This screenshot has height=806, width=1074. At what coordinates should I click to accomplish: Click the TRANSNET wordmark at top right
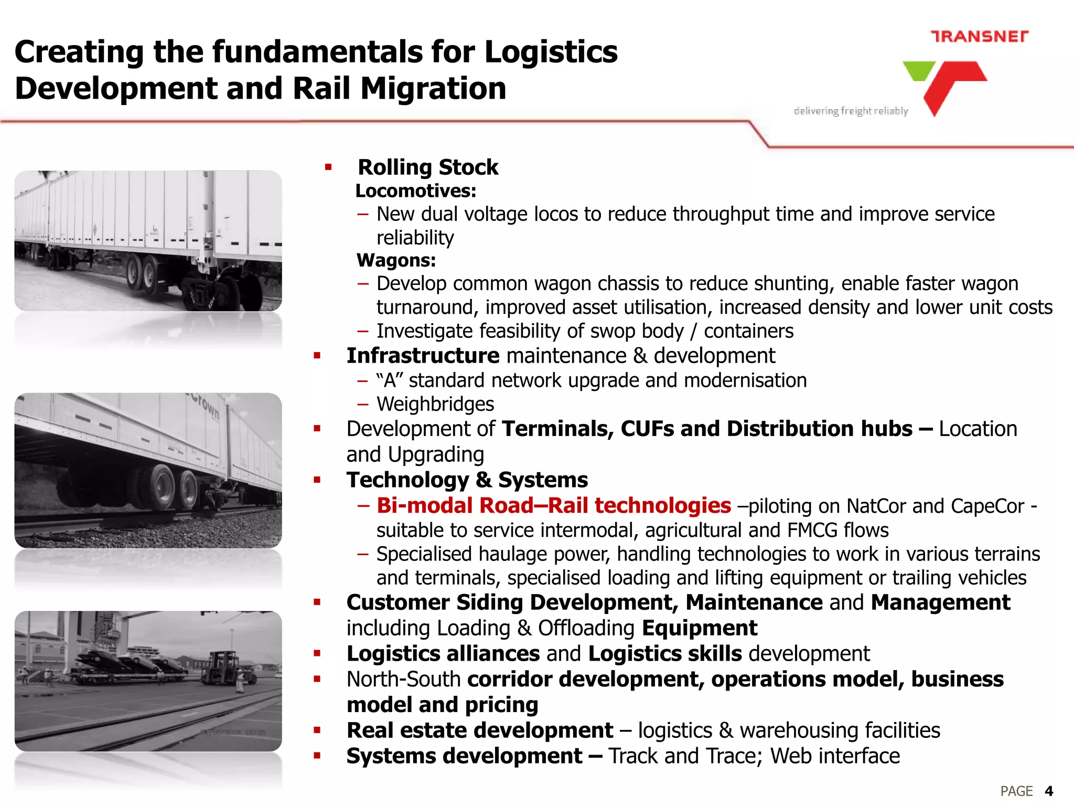click(979, 36)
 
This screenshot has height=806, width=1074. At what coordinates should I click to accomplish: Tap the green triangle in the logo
click(918, 70)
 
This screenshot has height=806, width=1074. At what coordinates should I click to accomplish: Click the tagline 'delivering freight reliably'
click(851, 111)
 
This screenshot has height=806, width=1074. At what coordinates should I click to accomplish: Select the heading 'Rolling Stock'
click(427, 167)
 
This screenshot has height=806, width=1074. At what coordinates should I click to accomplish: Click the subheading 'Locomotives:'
click(415, 191)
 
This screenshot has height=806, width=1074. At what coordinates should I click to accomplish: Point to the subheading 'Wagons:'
click(396, 260)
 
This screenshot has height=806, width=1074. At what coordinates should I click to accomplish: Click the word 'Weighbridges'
click(435, 404)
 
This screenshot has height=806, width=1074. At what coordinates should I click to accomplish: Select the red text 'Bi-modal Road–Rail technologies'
click(554, 505)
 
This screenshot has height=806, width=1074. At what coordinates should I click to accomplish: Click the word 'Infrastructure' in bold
click(423, 356)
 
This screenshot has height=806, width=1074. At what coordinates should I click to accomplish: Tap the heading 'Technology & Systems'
click(467, 480)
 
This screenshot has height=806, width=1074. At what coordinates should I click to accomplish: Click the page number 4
click(1049, 791)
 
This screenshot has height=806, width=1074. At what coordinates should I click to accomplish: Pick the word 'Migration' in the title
click(433, 88)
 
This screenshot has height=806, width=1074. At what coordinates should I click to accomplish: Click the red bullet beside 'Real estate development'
click(317, 730)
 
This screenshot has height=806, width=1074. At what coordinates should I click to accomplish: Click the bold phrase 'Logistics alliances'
click(443, 654)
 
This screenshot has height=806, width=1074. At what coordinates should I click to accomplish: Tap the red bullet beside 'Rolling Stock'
click(328, 167)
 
